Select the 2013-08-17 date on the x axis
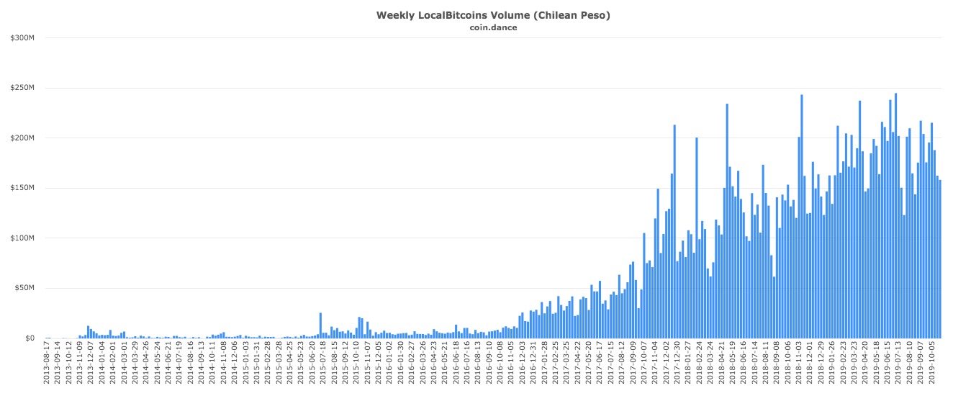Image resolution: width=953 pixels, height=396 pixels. (48, 366)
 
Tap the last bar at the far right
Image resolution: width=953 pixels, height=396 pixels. (940, 259)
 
